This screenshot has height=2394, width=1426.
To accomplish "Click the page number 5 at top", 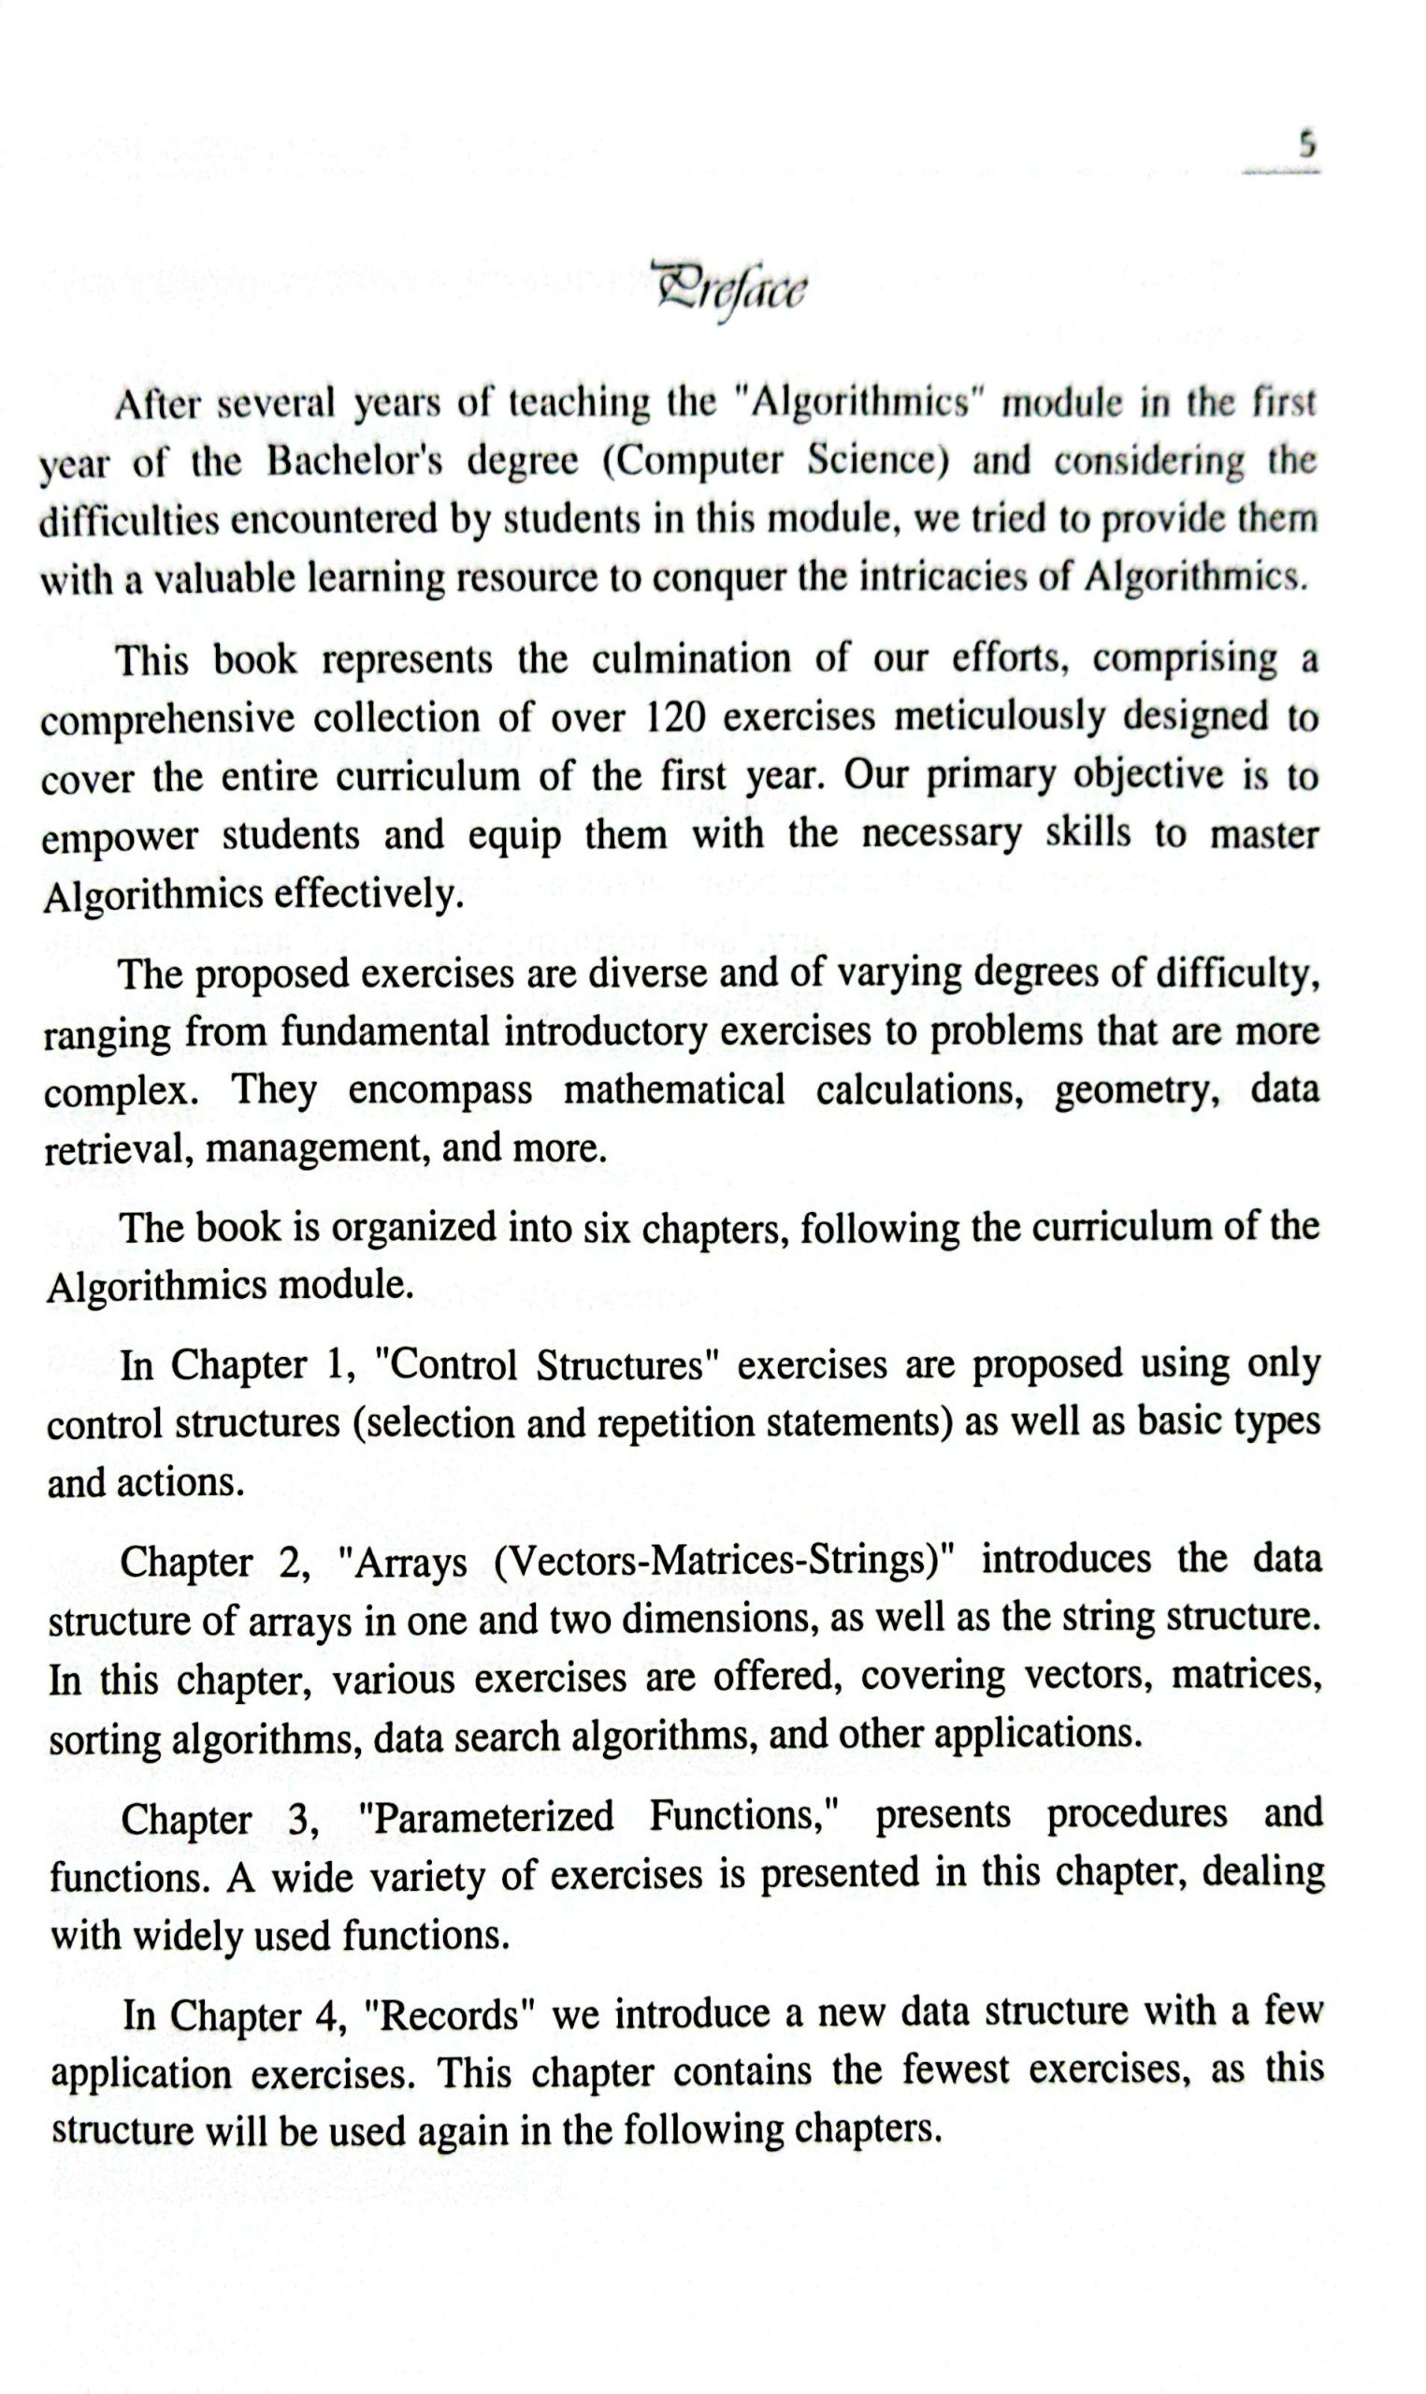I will (1306, 145).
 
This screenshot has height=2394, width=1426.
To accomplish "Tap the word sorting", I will (104, 1738).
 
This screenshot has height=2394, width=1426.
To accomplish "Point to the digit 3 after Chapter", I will (302, 1820).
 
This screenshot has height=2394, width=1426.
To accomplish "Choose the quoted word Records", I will (449, 2015).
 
